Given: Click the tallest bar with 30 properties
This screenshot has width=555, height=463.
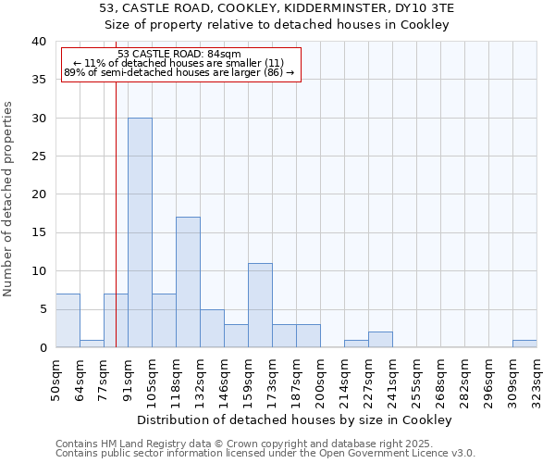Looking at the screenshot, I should pos(140,232).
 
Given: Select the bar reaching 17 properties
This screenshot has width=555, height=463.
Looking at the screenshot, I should pos(188,282).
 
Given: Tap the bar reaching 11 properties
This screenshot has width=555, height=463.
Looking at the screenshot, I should pos(260,306).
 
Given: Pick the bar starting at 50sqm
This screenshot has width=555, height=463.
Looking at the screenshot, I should pos(68,320).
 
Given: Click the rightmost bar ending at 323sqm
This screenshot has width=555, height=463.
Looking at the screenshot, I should pos(524,344).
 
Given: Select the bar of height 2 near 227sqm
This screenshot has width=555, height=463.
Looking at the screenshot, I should pos(380,340).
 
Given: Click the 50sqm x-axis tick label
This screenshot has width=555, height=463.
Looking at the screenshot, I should pos(55,377).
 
